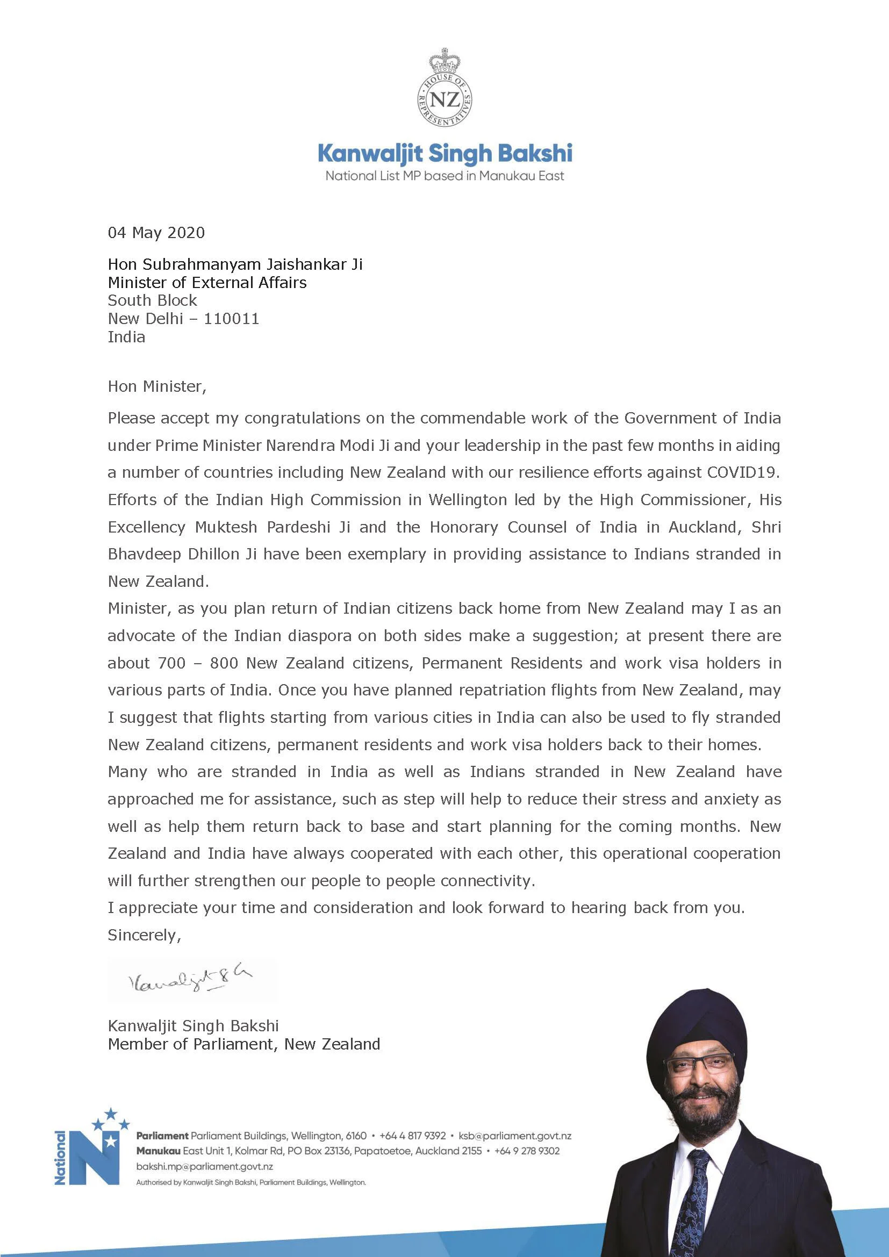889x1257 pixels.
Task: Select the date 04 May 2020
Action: click(x=156, y=233)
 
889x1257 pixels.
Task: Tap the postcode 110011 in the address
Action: click(x=232, y=319)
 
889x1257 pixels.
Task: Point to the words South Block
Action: click(x=152, y=300)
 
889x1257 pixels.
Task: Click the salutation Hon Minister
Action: click(x=156, y=386)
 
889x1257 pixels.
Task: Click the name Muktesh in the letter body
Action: click(x=226, y=527)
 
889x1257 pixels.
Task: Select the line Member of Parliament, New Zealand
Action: click(x=243, y=1044)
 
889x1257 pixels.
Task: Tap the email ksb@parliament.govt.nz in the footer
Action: click(x=514, y=1136)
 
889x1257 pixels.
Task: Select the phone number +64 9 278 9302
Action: click(x=527, y=1151)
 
